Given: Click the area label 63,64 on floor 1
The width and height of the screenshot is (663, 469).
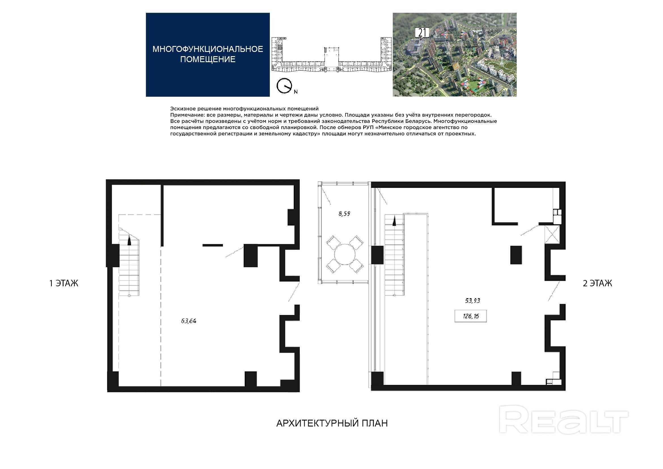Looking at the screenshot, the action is (x=189, y=321).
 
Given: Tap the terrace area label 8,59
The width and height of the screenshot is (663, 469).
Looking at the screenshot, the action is (x=344, y=214).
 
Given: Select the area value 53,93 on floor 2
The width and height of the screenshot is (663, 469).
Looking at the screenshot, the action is (x=472, y=300).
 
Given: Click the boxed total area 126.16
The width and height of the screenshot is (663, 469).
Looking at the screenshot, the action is (x=471, y=316).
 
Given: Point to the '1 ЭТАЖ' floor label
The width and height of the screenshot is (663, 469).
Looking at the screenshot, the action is (x=64, y=283).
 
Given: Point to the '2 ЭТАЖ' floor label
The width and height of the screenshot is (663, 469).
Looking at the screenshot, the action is (x=597, y=283).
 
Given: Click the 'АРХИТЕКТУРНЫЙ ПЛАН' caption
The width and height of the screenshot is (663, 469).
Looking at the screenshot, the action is (x=332, y=423).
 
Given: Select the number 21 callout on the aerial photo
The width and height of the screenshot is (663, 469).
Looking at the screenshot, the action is (x=422, y=33).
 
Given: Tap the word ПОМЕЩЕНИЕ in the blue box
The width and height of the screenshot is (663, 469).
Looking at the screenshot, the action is (x=208, y=59).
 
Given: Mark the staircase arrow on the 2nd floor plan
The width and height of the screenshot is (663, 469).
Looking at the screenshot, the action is (x=394, y=222).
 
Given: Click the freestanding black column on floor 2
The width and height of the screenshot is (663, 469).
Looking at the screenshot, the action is (x=516, y=255).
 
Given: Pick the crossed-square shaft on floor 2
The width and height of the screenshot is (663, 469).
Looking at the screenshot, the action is (x=552, y=235).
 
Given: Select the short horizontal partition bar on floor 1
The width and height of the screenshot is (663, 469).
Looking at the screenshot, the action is (x=212, y=245).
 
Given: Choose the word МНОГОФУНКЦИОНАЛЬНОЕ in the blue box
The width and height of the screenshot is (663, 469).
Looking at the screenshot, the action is (x=208, y=49).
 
